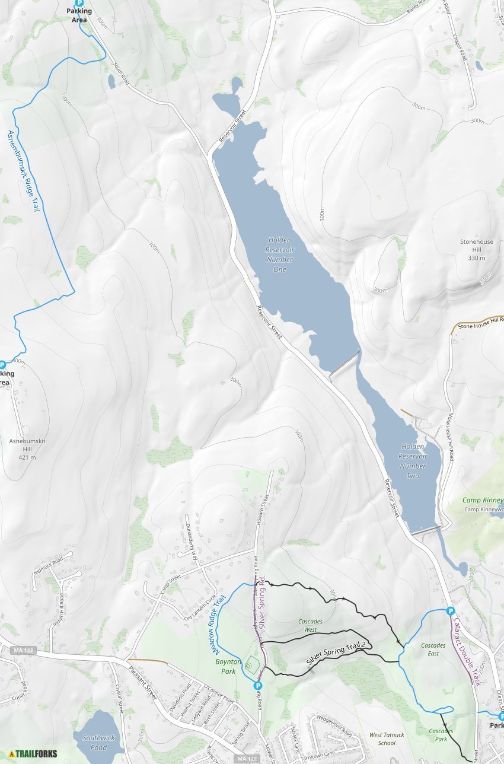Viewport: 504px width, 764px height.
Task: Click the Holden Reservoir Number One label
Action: click(x=280, y=254)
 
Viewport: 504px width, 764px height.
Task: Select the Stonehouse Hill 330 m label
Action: click(x=476, y=250)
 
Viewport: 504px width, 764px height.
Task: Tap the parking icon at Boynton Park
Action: click(x=258, y=686)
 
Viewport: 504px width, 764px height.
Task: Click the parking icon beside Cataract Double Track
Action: click(x=450, y=611)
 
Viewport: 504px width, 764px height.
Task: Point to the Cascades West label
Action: click(x=311, y=625)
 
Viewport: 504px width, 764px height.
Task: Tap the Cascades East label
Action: click(x=433, y=649)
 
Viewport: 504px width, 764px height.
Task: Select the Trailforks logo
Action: click(x=33, y=754)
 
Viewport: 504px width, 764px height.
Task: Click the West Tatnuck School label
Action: click(x=387, y=738)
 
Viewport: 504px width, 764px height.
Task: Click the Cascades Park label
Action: click(x=441, y=734)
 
